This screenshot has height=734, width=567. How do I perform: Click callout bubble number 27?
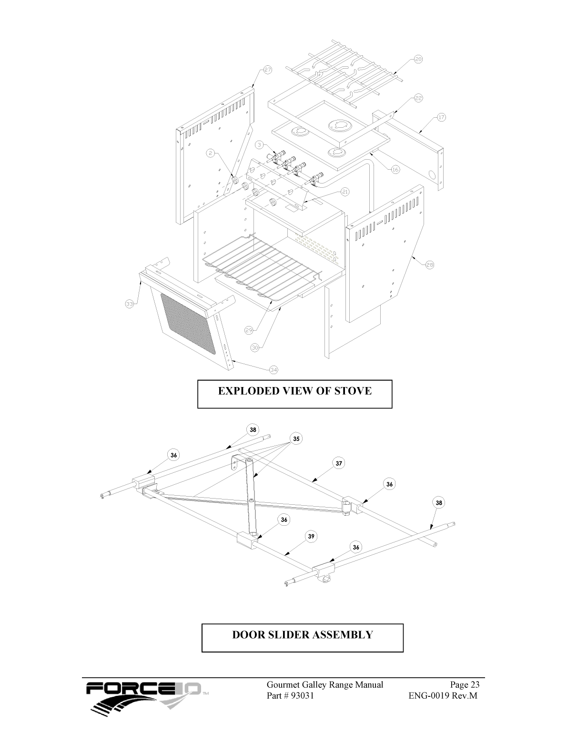pos(267,70)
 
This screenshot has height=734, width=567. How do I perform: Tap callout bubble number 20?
pos(418,60)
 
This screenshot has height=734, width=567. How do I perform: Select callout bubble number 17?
pos(441,117)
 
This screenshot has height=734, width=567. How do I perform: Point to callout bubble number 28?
pos(429,265)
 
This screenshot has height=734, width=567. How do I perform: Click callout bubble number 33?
pos(130,304)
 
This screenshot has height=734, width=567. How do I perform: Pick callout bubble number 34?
pos(273,369)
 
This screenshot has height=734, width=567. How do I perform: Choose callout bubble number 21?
pos(345,192)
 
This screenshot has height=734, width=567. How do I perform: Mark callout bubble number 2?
pos(211,153)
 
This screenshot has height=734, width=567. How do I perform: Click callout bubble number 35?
pos(296,438)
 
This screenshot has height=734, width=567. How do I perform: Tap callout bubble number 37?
pos(339,463)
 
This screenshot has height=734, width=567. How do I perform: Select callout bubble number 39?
pos(311,536)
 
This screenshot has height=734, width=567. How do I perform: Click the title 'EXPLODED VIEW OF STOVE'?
pos(294,391)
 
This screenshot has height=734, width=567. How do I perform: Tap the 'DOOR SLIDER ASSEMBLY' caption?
pos(302,635)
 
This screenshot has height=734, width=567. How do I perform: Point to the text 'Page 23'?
pos(465,685)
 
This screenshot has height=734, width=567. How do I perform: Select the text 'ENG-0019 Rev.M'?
pos(443,695)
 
